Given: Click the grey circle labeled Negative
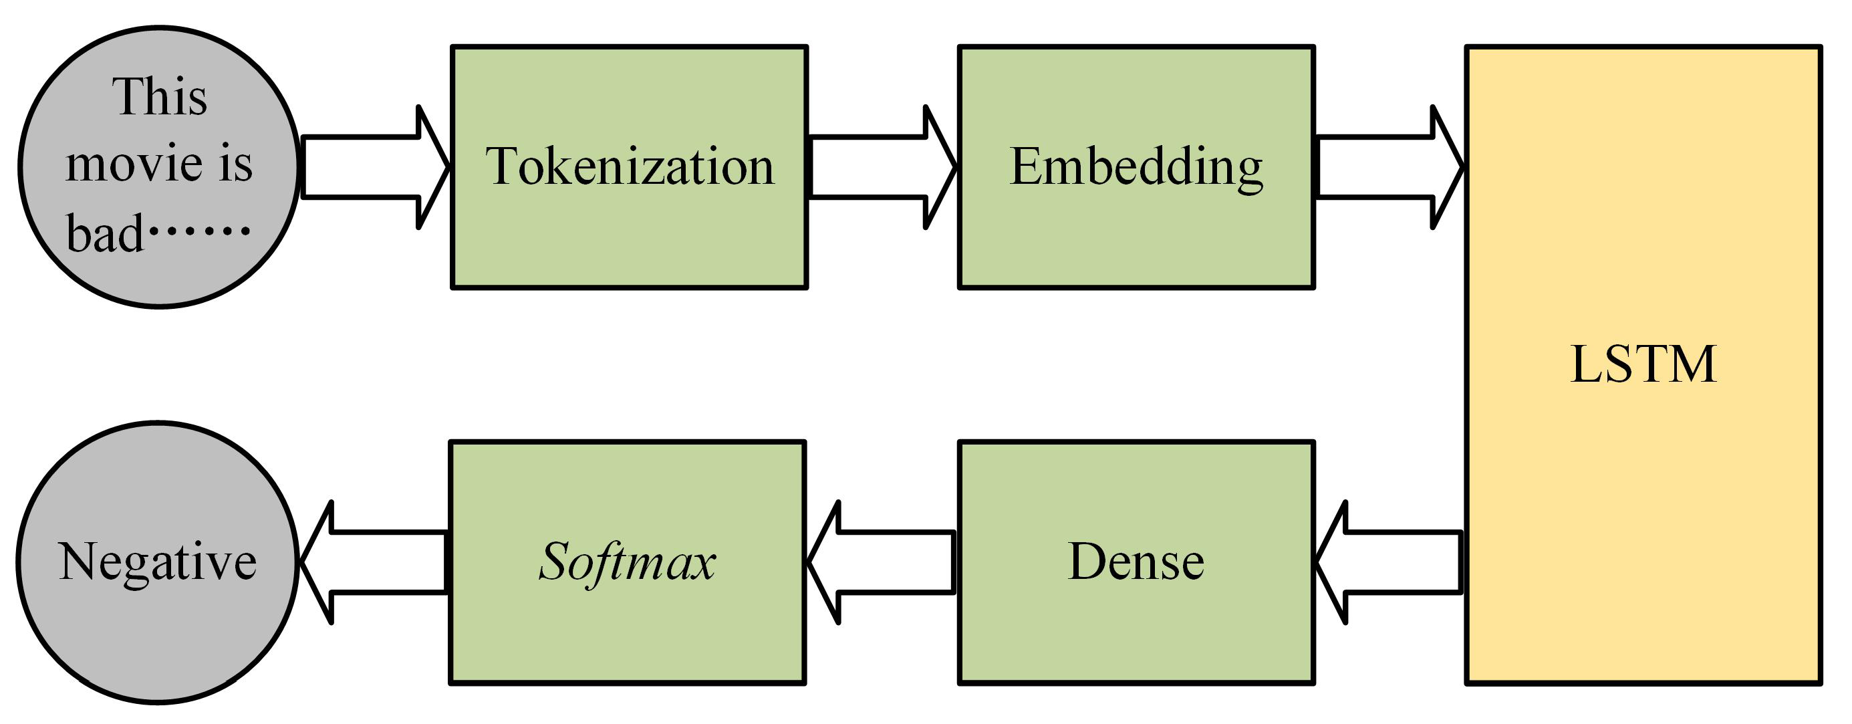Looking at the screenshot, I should pyautogui.click(x=158, y=632).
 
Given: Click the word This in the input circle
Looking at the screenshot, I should pyautogui.click(x=160, y=97).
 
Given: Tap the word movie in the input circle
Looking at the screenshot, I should pyautogui.click(x=134, y=165).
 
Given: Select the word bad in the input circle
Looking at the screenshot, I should pyautogui.click(x=105, y=235).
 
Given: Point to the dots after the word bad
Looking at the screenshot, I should pyautogui.click(x=199, y=231).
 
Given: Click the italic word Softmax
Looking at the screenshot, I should pyautogui.click(x=627, y=562).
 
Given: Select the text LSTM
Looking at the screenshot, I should pyautogui.click(x=1643, y=364).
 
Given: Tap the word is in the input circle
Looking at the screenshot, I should pyautogui.click(x=236, y=164).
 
